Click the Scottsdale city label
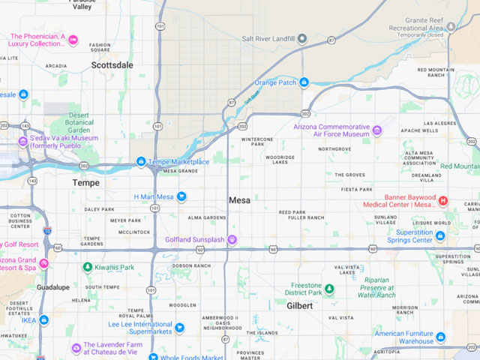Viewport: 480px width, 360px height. tap(112, 65)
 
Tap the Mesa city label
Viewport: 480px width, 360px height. tap(239, 200)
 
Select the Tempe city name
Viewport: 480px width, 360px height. tap(85, 183)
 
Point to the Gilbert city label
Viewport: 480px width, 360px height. tap(299, 306)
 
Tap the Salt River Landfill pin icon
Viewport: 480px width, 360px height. tap(302, 38)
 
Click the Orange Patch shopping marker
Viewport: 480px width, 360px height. tap(304, 82)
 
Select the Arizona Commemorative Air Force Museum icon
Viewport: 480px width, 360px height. tap(376, 130)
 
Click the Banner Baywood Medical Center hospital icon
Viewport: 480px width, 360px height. tap(442, 200)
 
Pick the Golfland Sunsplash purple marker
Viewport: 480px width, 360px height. tap(232, 240)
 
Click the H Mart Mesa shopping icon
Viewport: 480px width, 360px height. tap(181, 196)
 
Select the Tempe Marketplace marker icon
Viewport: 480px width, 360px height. tap(141, 162)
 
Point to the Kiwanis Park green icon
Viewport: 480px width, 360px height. tap(87, 267)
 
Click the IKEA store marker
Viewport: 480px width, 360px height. tap(44, 320)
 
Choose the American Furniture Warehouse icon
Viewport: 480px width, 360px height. tap(440, 337)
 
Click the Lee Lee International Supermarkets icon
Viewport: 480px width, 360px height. tap(179, 328)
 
